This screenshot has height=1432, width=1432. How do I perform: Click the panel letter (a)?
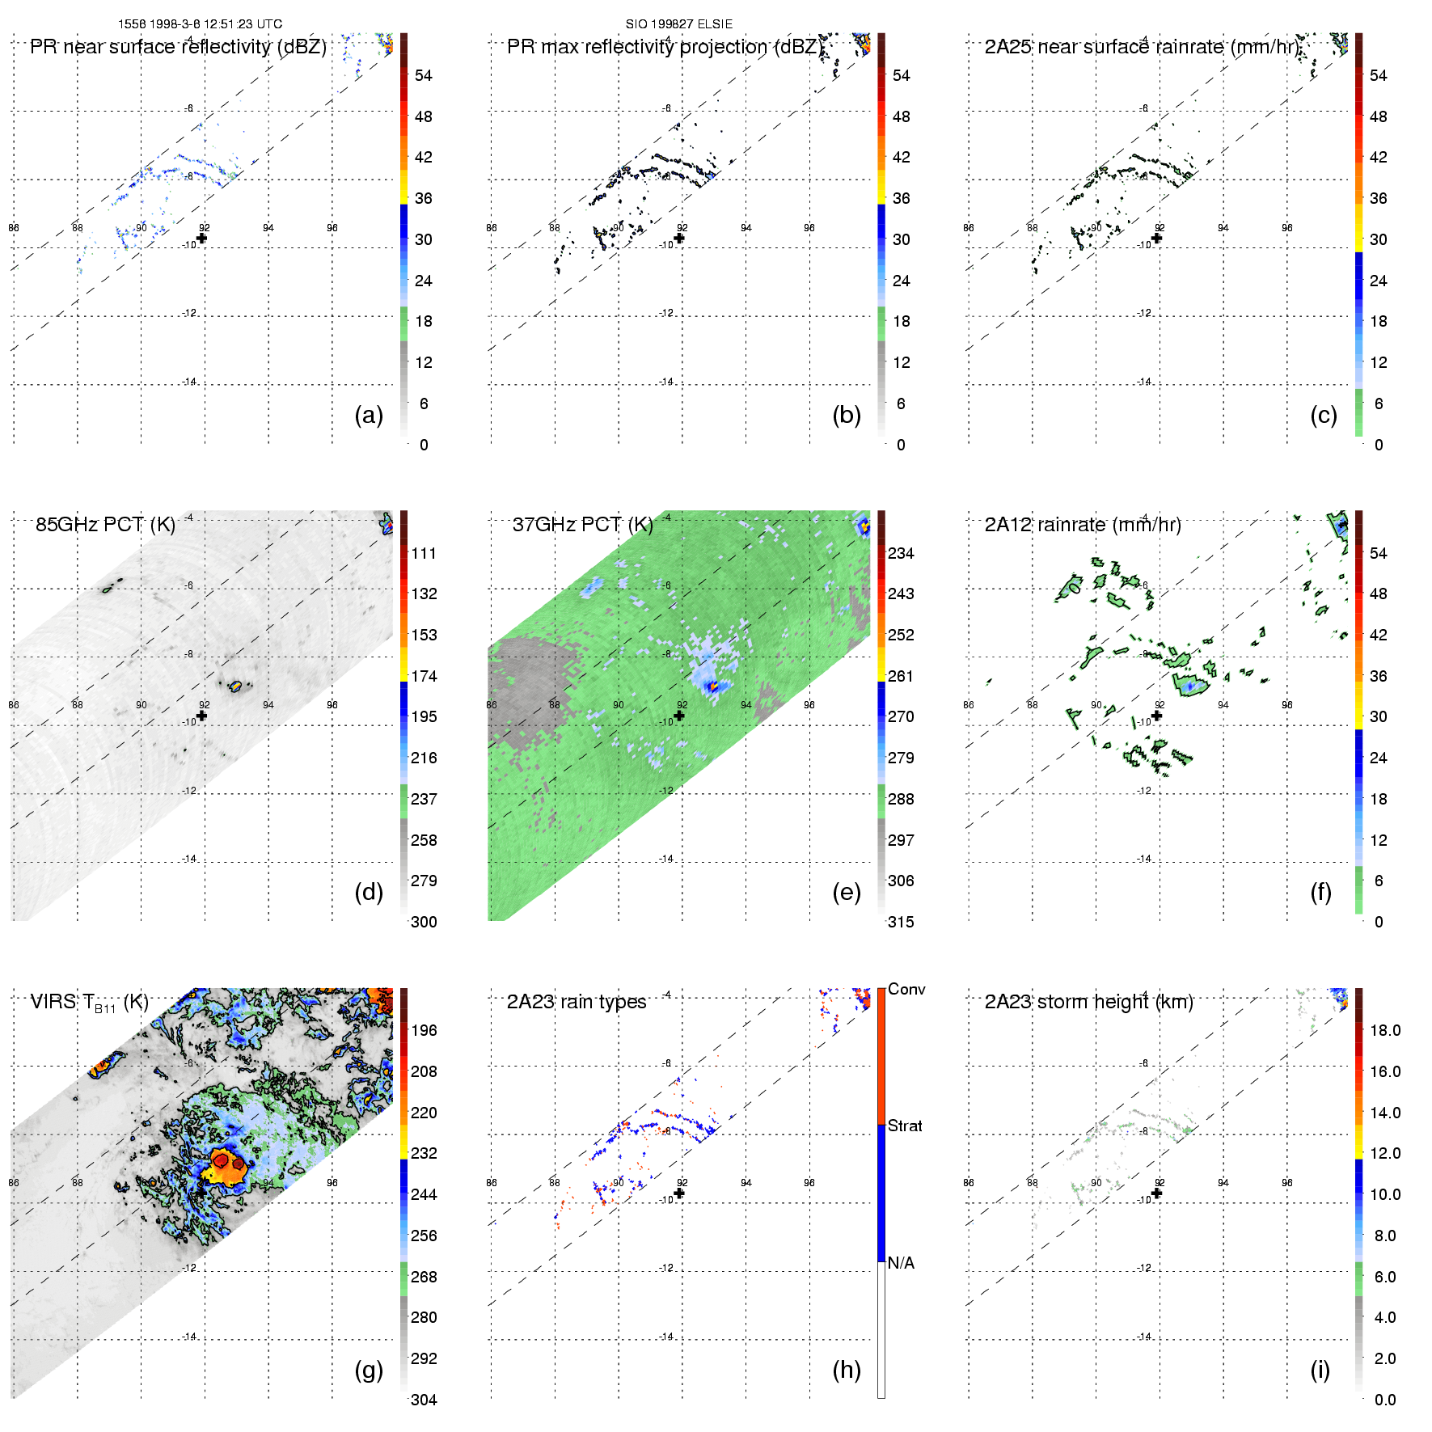pyautogui.click(x=368, y=416)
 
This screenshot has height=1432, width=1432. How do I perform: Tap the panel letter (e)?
pyautogui.click(x=846, y=893)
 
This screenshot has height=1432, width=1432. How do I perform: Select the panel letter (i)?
pyautogui.click(x=1320, y=1370)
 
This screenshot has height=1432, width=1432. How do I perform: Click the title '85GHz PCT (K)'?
pyautogui.click(x=105, y=525)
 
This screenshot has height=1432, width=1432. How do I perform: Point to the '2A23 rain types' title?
pyautogui.click(x=576, y=1002)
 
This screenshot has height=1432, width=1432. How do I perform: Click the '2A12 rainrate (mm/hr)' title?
pyautogui.click(x=1082, y=525)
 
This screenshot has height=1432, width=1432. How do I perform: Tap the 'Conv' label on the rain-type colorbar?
pyautogui.click(x=906, y=989)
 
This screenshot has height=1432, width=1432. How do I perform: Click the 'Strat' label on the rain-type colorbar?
pyautogui.click(x=905, y=1126)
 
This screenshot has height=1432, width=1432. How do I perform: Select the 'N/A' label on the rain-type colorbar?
pyautogui.click(x=901, y=1263)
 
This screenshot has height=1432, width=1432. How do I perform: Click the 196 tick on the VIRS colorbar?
pyautogui.click(x=424, y=1030)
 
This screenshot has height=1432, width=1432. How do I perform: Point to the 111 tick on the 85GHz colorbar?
pyautogui.click(x=424, y=553)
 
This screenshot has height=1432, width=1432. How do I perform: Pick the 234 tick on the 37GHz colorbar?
pyautogui.click(x=901, y=553)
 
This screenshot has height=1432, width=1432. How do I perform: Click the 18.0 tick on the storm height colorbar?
pyautogui.click(x=1384, y=1030)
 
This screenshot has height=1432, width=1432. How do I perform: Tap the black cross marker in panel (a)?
pyautogui.click(x=202, y=238)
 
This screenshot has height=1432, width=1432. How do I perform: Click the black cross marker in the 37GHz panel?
pyautogui.click(x=679, y=716)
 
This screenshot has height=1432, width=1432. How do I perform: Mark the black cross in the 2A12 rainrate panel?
pyautogui.click(x=1157, y=716)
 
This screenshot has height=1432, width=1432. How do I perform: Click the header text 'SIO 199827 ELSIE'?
pyautogui.click(x=678, y=24)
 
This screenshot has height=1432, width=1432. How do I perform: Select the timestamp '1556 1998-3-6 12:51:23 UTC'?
pyautogui.click(x=200, y=24)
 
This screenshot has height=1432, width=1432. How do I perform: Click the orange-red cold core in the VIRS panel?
pyautogui.click(x=228, y=1164)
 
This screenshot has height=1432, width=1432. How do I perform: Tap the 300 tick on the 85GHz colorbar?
pyautogui.click(x=424, y=922)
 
